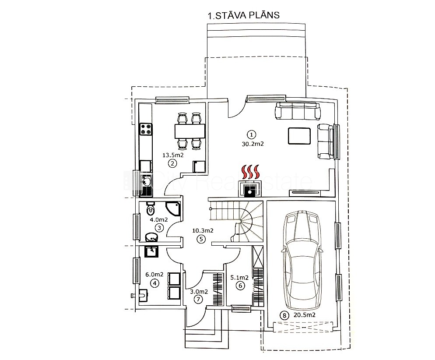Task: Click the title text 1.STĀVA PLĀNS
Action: point(244,15)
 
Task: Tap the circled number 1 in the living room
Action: point(251,135)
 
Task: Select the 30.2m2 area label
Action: point(253,144)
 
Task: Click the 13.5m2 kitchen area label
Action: point(173,155)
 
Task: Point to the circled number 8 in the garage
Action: point(284,316)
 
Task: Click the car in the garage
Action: point(302,260)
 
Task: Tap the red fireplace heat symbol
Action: point(251,172)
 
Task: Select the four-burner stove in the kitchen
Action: point(146,129)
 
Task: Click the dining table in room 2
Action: point(190,131)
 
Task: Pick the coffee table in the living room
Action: point(299,136)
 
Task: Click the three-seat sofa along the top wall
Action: point(298,111)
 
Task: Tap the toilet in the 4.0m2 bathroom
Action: point(150,209)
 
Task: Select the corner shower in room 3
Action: point(173,209)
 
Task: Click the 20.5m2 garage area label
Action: point(304,315)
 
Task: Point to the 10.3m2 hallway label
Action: point(203,230)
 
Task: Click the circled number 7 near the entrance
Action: point(198,300)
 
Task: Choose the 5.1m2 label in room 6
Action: point(239,277)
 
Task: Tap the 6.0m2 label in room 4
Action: point(154,275)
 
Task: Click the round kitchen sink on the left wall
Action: point(146,182)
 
